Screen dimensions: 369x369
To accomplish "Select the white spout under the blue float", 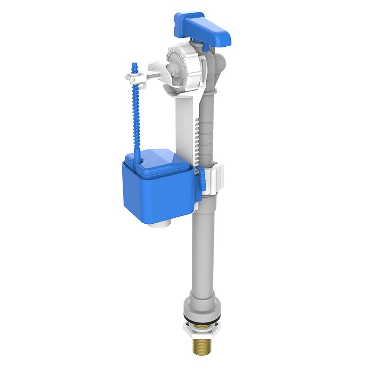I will tap(161, 225).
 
